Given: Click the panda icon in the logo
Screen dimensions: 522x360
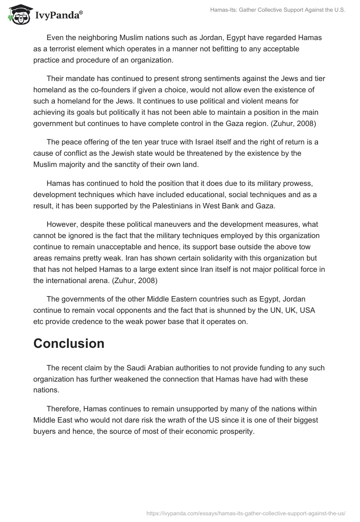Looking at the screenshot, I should [x=18, y=15].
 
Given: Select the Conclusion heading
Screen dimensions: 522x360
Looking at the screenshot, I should [x=69, y=343].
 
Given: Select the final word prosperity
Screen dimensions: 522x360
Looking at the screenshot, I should [x=236, y=431].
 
